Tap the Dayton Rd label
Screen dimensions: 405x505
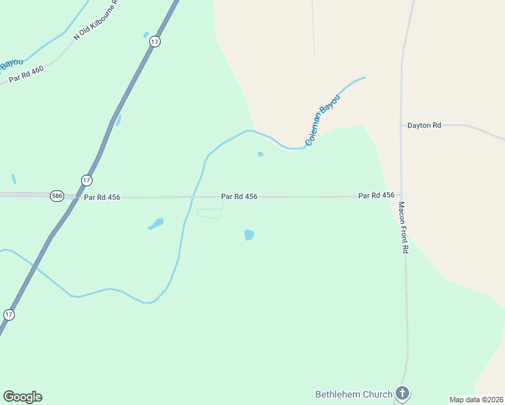click(424, 125)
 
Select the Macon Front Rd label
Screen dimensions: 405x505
click(404, 227)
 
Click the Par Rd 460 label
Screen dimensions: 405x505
click(26, 75)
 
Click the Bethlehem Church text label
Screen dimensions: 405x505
click(353, 394)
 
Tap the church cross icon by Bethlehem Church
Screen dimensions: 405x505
click(402, 393)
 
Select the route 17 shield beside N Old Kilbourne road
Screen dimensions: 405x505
click(155, 42)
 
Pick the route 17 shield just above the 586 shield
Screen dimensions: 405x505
click(86, 180)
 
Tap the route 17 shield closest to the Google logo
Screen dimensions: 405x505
click(9, 315)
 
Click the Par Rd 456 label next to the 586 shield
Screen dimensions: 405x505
click(102, 197)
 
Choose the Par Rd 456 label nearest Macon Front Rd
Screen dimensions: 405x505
click(376, 195)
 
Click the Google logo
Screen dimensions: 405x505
click(22, 397)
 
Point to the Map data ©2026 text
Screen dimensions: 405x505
click(476, 400)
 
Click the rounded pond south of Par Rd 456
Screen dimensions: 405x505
click(248, 235)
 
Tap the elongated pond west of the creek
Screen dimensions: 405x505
click(157, 223)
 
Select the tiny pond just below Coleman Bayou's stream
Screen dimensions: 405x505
click(261, 154)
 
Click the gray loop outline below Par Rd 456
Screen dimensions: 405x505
click(209, 214)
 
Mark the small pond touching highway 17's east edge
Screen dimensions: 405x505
click(118, 121)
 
